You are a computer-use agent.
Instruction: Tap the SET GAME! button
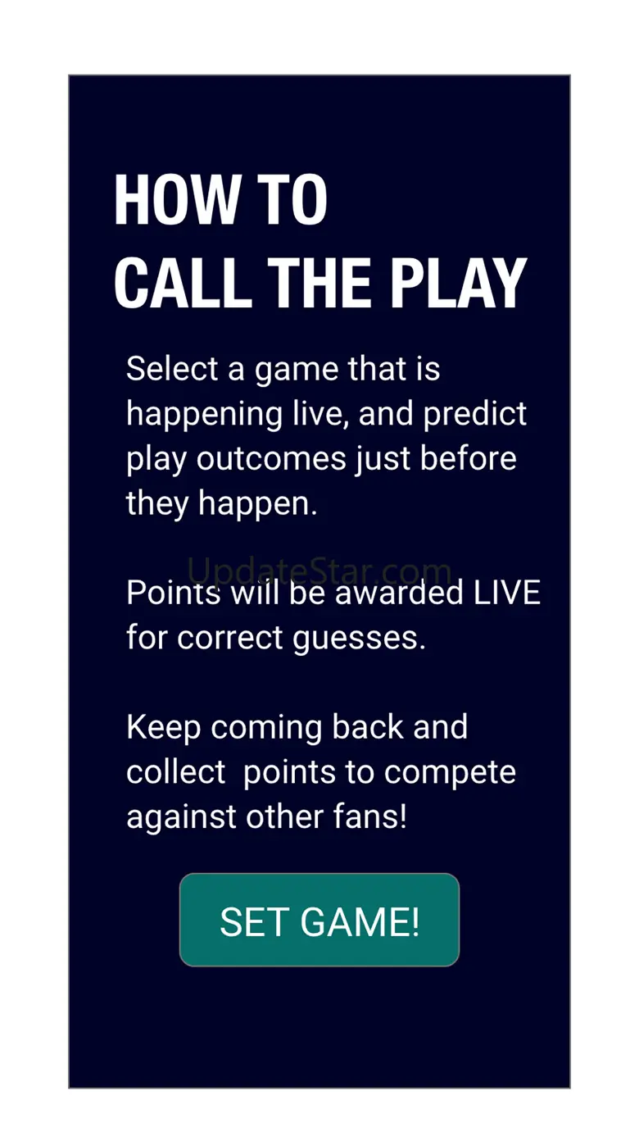click(x=319, y=920)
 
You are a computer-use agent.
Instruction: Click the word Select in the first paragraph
click(x=172, y=368)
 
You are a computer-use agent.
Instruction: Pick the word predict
click(x=475, y=415)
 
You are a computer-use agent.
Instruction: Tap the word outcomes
click(x=271, y=458)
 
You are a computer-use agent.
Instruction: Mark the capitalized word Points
click(x=174, y=593)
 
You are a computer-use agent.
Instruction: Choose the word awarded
click(x=399, y=593)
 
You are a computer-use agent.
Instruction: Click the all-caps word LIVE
click(x=506, y=593)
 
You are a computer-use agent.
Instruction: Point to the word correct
click(x=229, y=638)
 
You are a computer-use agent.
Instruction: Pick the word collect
click(x=176, y=772)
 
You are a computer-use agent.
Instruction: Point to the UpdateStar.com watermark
click(x=319, y=571)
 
